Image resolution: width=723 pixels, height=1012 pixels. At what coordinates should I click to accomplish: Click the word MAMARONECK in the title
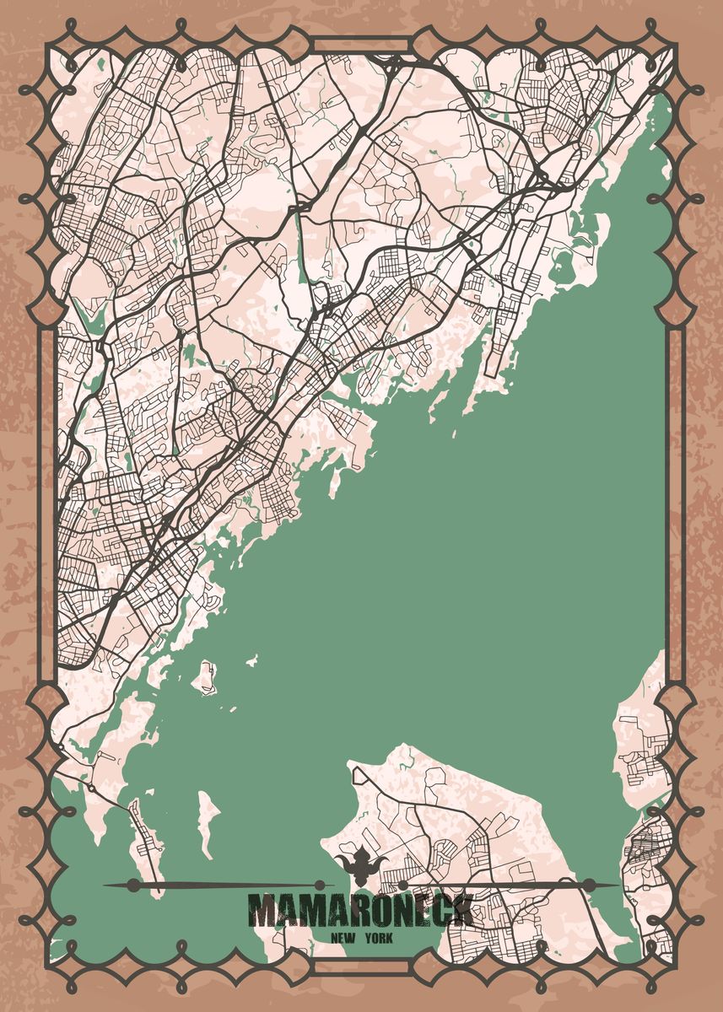point(360,911)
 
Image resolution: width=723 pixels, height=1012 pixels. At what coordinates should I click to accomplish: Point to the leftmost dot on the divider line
point(132,885)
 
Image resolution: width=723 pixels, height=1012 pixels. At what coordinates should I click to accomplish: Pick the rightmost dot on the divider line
point(589,885)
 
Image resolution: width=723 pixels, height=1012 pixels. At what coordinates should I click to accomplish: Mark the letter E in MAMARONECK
point(416,911)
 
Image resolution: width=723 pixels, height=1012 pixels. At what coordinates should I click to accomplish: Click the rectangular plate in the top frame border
point(361,45)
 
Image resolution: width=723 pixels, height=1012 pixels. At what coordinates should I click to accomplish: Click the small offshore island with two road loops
point(205,676)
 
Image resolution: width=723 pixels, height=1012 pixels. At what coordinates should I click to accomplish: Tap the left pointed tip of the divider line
point(104,885)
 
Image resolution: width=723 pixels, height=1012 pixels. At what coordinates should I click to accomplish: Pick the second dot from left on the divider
point(319,885)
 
